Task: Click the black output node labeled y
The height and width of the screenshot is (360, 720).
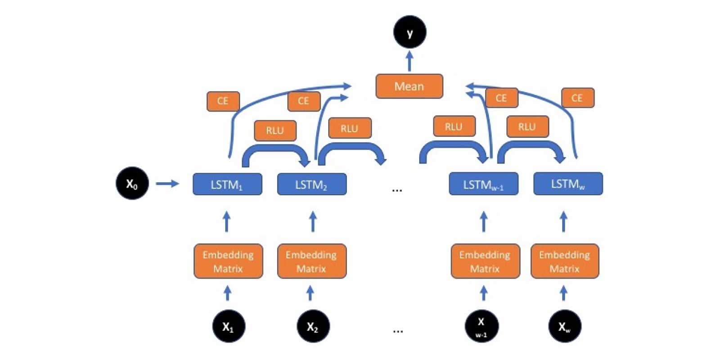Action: pos(409,32)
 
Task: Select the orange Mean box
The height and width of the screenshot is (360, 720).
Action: pos(409,86)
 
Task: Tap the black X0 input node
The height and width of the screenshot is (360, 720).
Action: pos(132,183)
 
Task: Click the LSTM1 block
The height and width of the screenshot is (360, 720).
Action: pos(227,184)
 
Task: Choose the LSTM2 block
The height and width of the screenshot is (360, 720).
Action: pos(311,184)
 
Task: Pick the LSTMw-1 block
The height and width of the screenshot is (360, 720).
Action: pos(483,184)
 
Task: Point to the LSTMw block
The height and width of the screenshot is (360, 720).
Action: pos(567,184)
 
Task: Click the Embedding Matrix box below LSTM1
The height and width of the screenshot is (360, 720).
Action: pos(228,261)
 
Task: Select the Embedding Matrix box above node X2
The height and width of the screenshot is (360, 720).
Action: pos(311,261)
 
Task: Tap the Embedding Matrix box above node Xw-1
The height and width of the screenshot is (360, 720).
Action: pos(485,261)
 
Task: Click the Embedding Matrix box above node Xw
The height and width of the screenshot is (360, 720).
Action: pos(565,261)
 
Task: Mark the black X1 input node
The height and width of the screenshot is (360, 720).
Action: pos(229,326)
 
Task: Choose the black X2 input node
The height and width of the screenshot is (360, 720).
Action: pos(313,326)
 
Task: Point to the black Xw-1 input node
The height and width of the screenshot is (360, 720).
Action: pos(481,326)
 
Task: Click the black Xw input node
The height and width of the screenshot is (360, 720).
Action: pos(565,326)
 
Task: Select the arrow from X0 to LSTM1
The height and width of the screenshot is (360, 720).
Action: pos(167,183)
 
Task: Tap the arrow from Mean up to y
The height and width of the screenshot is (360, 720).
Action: pos(409,61)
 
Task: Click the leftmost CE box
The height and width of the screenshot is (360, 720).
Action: pos(223,101)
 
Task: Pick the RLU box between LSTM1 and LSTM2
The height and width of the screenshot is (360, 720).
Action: pos(275,130)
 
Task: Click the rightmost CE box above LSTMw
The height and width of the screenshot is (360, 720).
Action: pos(577,98)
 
